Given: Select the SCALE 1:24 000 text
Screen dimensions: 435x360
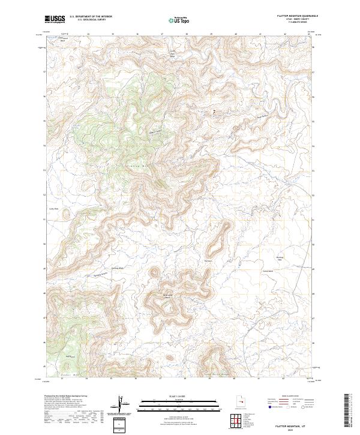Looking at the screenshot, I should (x=178, y=395).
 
